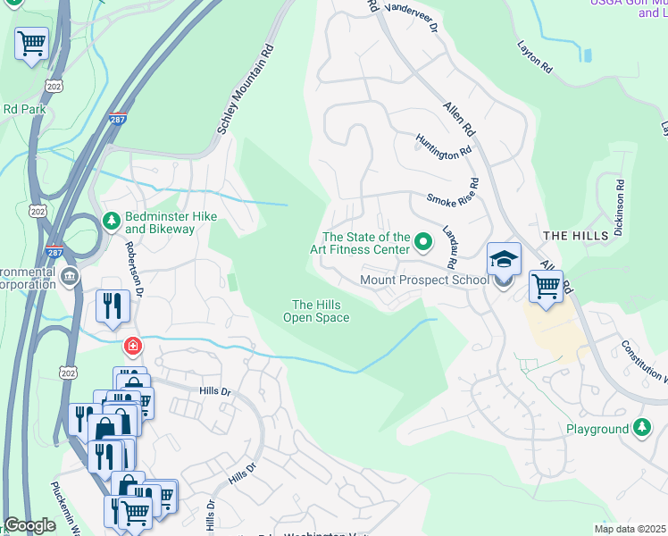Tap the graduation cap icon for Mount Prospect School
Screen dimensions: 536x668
coord(504,260)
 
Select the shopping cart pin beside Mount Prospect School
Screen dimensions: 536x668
coord(546,288)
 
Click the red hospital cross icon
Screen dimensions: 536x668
coord(132,345)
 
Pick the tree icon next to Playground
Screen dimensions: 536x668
coord(641,429)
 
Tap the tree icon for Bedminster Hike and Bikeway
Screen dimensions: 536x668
coord(112,220)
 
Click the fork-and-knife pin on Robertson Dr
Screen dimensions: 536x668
coord(113,306)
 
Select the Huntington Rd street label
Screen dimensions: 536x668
coord(443,146)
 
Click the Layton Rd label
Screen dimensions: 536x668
coord(535,57)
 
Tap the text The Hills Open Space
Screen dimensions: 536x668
coord(316,311)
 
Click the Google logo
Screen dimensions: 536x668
coord(30,524)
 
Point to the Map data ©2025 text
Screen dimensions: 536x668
coord(630,529)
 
